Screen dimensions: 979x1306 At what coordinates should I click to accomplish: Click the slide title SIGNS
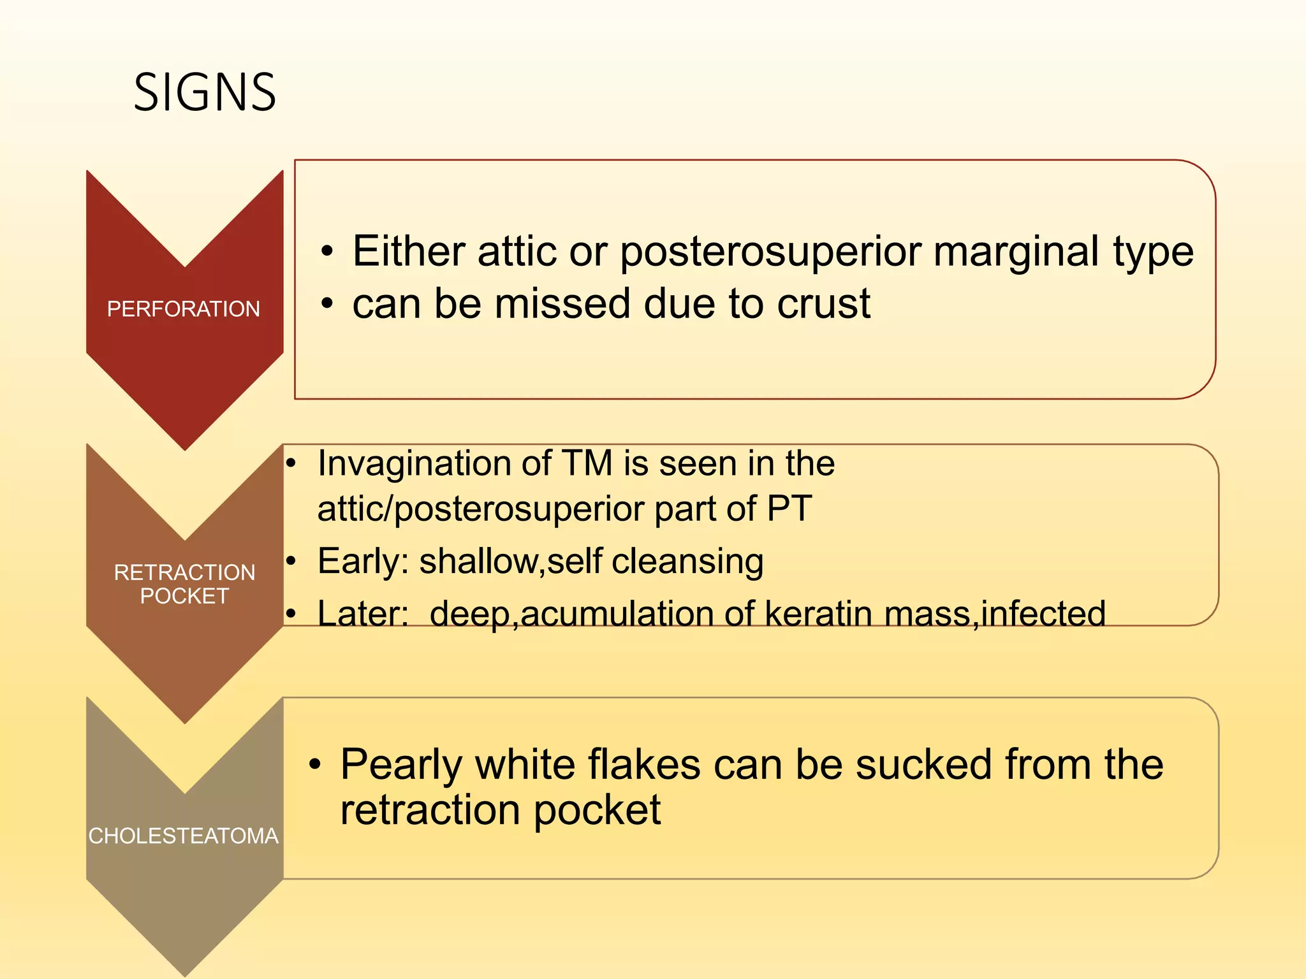pyautogui.click(x=205, y=92)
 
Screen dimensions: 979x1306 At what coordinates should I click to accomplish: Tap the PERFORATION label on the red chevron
pyautogui.click(x=184, y=309)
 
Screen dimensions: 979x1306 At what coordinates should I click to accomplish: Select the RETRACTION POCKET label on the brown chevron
pyautogui.click(x=184, y=584)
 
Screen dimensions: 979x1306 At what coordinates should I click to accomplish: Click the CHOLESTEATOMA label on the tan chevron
pyautogui.click(x=184, y=836)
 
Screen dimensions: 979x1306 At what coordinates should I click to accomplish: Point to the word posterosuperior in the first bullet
pyautogui.click(x=771, y=252)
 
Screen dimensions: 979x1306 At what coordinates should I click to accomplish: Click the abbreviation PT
pyautogui.click(x=789, y=509)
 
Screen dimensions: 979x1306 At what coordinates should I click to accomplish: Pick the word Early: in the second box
pyautogui.click(x=363, y=562)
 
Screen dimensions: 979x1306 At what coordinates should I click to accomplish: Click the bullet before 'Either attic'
pyautogui.click(x=327, y=251)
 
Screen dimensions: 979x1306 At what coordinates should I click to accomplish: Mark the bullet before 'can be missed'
pyautogui.click(x=327, y=304)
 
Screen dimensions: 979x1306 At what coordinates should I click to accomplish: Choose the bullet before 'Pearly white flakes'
pyautogui.click(x=315, y=764)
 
